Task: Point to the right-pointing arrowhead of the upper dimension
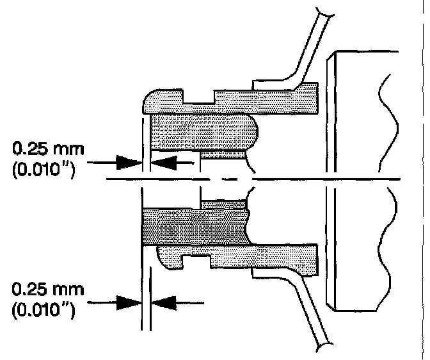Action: tap(128, 163)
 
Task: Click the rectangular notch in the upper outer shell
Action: tap(199, 99)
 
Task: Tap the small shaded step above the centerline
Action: tap(223, 154)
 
